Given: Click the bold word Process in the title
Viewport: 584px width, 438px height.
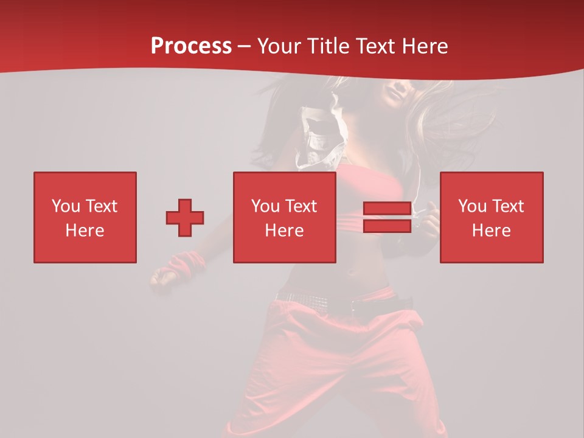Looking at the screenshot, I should coord(191,46).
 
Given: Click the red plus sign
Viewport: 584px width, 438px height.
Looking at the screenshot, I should coord(185,218).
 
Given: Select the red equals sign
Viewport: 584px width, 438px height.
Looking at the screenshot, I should coord(387,217).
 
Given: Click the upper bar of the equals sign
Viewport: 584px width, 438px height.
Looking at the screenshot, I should coord(387,209).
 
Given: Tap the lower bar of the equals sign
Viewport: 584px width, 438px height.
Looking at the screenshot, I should coord(387,226).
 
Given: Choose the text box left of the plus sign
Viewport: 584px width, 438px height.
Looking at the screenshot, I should coord(85,217).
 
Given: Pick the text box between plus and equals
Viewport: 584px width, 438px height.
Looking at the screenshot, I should coord(285,217).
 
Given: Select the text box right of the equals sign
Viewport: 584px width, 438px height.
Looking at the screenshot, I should coord(492,217).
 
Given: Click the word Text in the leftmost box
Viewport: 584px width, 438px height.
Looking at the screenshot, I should coord(101,206).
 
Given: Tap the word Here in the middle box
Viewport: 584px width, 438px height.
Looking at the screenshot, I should coord(285,231).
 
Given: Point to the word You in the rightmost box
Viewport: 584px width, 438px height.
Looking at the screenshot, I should coord(472,206).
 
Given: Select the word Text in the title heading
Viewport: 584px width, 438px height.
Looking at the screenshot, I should coord(375,46).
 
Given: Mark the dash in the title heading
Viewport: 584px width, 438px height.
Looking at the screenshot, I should coord(245,47).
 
